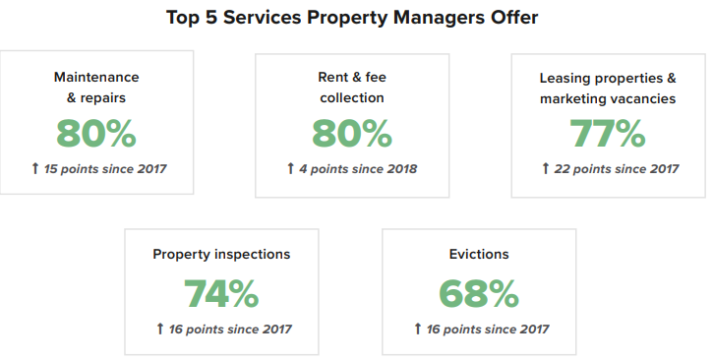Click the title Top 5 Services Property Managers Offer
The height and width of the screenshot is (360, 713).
click(356, 18)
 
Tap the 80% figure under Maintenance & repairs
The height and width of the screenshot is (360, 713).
click(96, 133)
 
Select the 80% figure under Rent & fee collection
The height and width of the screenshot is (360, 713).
click(352, 133)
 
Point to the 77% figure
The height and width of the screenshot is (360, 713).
click(608, 133)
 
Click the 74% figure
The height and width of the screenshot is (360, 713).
click(221, 293)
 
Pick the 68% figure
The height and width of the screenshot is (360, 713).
click(479, 293)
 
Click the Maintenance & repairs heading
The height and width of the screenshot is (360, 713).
click(96, 87)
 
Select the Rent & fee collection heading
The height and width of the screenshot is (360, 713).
click(352, 87)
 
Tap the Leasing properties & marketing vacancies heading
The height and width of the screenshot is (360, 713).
click(608, 87)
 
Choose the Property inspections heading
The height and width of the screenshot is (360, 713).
click(221, 254)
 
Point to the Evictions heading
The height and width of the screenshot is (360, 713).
click(479, 254)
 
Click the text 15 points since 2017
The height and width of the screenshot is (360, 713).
click(105, 169)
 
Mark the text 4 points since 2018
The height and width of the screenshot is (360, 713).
click(358, 169)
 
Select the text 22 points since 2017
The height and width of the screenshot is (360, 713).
click(617, 169)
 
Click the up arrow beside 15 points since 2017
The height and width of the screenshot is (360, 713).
click(35, 169)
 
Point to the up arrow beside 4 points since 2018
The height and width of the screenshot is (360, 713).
click(290, 169)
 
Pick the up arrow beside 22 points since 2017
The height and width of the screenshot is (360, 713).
click(546, 169)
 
